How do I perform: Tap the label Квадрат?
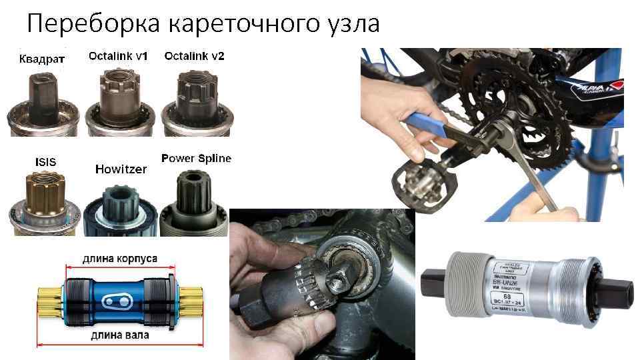pos(41,59)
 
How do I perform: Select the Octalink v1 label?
pos(118,56)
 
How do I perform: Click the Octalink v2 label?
pos(195,56)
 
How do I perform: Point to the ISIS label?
pos(45,161)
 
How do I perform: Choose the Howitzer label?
pos(121,169)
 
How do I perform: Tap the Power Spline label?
pos(197,158)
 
